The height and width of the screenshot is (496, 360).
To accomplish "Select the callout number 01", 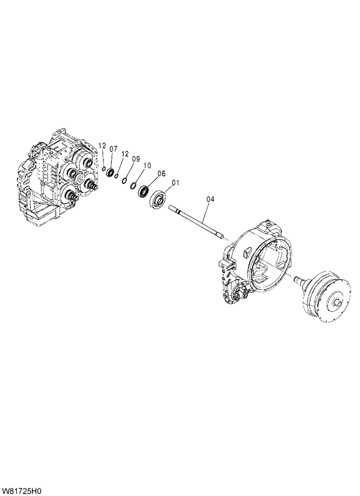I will click(175, 183).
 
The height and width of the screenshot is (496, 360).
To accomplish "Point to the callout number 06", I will click(161, 173).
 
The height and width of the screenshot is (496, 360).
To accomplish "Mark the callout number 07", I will click(113, 149).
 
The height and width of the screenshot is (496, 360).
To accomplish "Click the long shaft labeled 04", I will click(197, 221).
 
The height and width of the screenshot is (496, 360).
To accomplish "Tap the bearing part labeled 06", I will click(142, 191).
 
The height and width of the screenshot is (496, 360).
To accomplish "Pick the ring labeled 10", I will click(132, 186).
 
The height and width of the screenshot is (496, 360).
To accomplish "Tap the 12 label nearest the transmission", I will click(102, 146).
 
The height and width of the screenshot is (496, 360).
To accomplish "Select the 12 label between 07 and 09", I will click(124, 153).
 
